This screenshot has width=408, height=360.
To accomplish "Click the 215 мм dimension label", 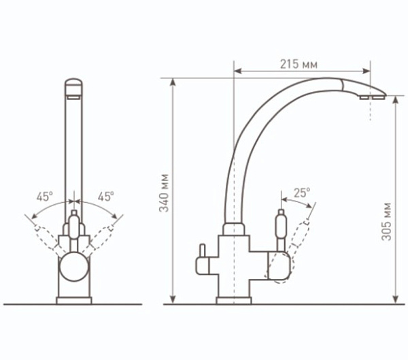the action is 299,65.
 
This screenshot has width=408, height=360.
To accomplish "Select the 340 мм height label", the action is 164,193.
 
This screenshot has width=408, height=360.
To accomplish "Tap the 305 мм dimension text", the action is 386,221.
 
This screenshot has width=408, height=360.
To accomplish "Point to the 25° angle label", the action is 302,193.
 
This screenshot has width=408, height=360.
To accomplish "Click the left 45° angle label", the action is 44,197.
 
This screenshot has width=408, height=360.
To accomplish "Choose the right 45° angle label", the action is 106,197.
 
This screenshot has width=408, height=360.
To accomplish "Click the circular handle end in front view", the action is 74,267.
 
